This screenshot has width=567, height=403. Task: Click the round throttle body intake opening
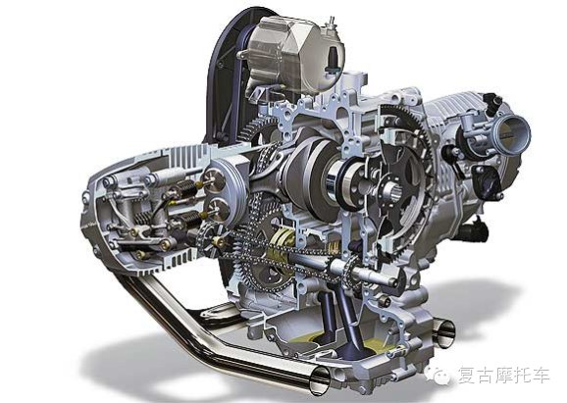pos(512,133)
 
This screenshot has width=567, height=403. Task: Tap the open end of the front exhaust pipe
pos(320,380)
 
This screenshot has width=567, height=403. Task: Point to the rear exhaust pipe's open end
pos(444,333)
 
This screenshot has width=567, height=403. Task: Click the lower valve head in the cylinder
pos(216,209)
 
